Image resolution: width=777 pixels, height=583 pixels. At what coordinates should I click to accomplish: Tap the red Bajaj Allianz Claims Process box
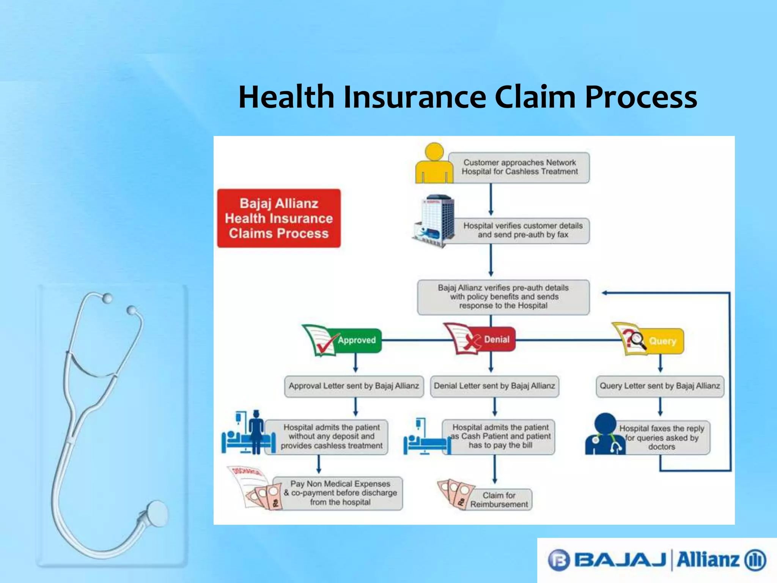[279, 218]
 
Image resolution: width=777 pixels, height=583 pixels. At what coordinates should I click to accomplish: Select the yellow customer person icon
[434, 164]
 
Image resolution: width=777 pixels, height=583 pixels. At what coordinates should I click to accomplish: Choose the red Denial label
[496, 339]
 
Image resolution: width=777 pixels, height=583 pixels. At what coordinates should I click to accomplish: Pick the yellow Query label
[662, 341]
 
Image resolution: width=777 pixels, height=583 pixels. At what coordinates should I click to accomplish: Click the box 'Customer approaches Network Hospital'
[519, 167]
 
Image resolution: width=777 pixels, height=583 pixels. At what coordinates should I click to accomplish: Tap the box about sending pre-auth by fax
[522, 230]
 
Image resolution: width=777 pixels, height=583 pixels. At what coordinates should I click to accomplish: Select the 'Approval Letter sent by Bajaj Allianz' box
[354, 386]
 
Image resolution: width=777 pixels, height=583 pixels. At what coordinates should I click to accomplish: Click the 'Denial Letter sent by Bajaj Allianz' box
[494, 386]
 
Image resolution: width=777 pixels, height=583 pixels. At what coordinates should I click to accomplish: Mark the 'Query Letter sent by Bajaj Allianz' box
[660, 386]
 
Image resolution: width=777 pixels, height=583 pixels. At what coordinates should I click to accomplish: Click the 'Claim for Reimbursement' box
[499, 500]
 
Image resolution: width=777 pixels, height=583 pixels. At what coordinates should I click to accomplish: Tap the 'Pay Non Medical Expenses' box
[340, 493]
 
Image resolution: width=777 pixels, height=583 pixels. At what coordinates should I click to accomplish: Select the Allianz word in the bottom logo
[708, 560]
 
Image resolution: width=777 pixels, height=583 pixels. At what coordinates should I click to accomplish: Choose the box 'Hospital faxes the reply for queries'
[662, 438]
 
